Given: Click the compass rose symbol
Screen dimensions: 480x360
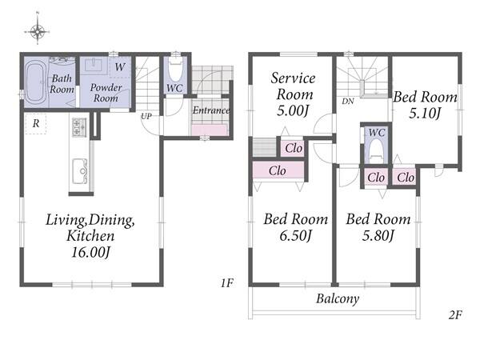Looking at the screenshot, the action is pyautogui.click(x=38, y=31).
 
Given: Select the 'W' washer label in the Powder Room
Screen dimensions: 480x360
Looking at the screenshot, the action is pyautogui.click(x=120, y=66).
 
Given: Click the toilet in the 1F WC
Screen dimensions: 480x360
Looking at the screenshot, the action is pyautogui.click(x=176, y=69).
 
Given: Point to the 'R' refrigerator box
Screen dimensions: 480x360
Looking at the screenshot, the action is pyautogui.click(x=36, y=124).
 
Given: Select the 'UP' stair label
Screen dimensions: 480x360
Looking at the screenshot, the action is pyautogui.click(x=146, y=116).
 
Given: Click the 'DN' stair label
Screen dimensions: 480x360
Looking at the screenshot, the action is pyautogui.click(x=348, y=101).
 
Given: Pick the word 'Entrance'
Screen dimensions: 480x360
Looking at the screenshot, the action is pyautogui.click(x=211, y=110).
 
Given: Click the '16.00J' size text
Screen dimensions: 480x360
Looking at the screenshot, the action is pyautogui.click(x=90, y=252).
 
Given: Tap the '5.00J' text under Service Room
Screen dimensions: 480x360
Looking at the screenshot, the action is pyautogui.click(x=292, y=110).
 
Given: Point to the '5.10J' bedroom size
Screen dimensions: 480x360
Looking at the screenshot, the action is pyautogui.click(x=425, y=114).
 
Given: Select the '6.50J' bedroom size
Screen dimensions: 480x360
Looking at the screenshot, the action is pyautogui.click(x=295, y=235).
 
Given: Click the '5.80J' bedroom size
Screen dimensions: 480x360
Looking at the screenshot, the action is pyautogui.click(x=378, y=235).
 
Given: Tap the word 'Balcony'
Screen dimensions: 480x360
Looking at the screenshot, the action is pyautogui.click(x=338, y=298).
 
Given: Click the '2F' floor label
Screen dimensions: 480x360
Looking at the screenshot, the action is pyautogui.click(x=455, y=314).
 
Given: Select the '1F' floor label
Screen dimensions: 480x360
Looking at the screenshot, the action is pyautogui.click(x=227, y=283).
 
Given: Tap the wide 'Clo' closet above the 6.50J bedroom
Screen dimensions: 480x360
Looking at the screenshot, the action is pyautogui.click(x=278, y=170).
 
